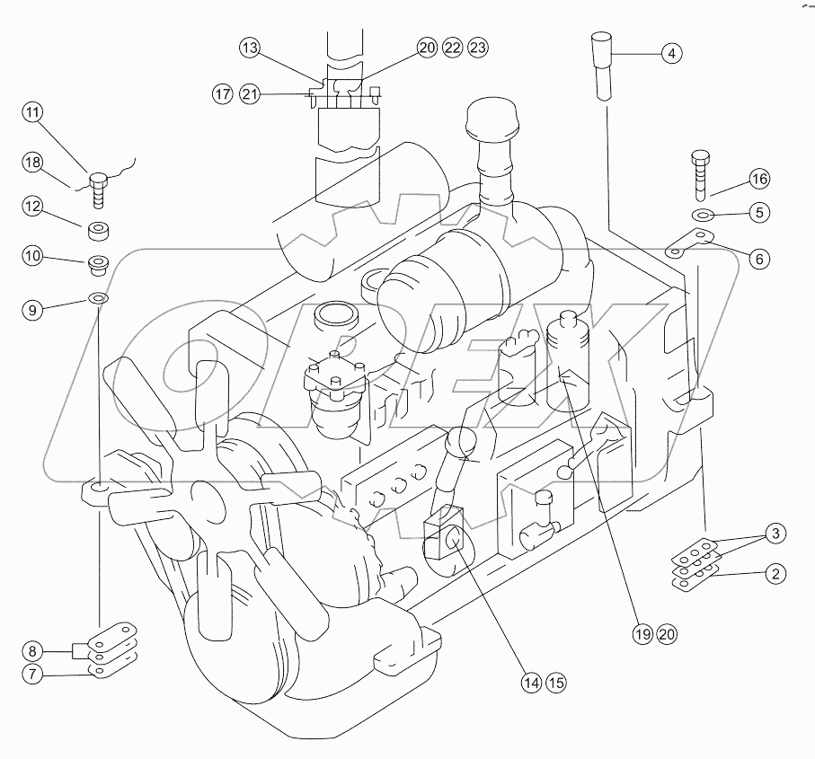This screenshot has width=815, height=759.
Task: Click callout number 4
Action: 670,53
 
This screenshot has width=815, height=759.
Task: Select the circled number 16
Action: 759,179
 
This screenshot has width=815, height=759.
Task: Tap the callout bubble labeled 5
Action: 759,214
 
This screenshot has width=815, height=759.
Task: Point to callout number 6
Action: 759,259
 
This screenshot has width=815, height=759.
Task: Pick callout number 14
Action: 532,683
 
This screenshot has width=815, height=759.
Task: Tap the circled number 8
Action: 33,650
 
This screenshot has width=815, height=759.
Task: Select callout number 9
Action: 33,310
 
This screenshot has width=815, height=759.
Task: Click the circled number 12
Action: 33,207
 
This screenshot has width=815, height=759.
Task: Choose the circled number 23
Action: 478,49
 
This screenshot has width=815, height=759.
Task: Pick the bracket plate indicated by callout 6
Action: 690,243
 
